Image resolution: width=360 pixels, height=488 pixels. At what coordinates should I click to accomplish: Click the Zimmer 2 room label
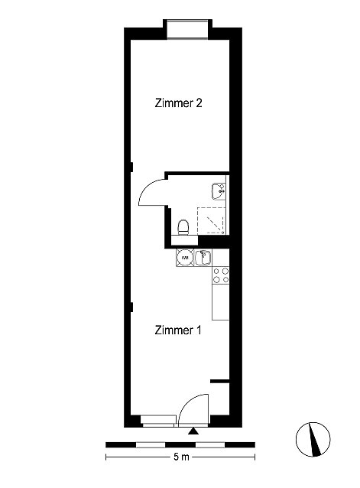pyautogui.click(x=178, y=103)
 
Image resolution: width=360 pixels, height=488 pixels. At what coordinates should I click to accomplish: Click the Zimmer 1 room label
pyautogui.click(x=178, y=330)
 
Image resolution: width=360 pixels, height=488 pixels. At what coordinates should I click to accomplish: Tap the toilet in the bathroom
pyautogui.click(x=183, y=227)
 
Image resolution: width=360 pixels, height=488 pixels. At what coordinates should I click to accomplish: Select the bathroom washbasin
pyautogui.click(x=219, y=191)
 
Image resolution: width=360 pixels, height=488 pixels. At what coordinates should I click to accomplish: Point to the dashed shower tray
pyautogui.click(x=211, y=220)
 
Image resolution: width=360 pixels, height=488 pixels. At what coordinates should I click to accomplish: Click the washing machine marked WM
pyautogui.click(x=185, y=258)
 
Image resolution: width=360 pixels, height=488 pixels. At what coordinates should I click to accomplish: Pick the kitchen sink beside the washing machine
pyautogui.click(x=203, y=258)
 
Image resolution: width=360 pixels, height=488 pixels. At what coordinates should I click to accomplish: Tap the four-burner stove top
pyautogui.click(x=221, y=275)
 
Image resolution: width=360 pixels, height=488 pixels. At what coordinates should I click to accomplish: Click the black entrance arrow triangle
pyautogui.click(x=193, y=431)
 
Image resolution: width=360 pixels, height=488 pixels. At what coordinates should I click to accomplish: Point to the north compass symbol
pyautogui.click(x=313, y=440)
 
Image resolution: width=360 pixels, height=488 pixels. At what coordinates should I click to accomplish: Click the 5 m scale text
pyautogui.click(x=181, y=457)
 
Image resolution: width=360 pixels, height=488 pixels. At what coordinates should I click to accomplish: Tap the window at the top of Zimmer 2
pyautogui.click(x=187, y=29)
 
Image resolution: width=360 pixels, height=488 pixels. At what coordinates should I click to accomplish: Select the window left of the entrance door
pyautogui.click(x=158, y=421)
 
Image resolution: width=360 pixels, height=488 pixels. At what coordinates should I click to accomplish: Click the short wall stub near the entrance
pyautogui.click(x=220, y=381)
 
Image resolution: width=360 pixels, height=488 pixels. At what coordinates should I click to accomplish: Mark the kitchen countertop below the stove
pyautogui.click(x=221, y=302)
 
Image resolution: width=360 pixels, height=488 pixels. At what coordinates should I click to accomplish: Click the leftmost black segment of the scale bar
pyautogui.click(x=121, y=444)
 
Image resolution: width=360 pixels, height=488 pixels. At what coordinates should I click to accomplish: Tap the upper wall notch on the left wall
pyautogui.click(x=131, y=167)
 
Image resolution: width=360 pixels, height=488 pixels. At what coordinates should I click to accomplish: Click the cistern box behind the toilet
pyautogui.click(x=184, y=240)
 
